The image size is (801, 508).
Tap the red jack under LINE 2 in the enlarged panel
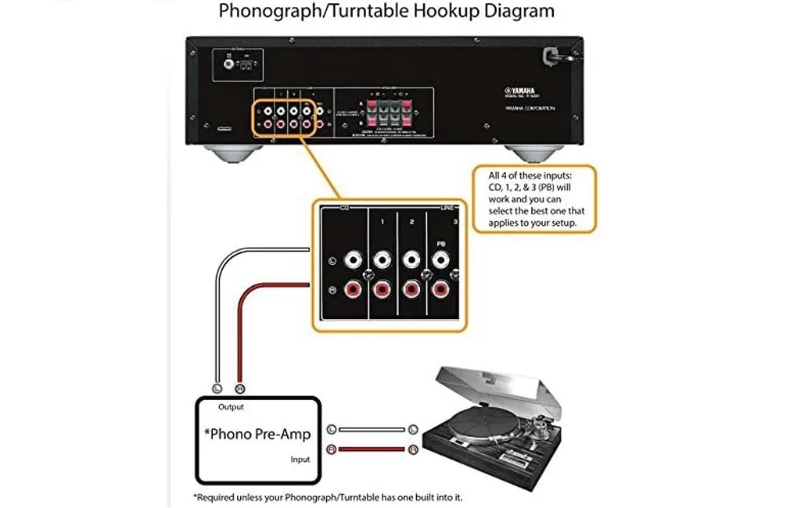pyautogui.click(x=412, y=290)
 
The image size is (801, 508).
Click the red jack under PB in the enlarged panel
pyautogui.click(x=442, y=290)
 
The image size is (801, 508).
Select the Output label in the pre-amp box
pyautogui.click(x=231, y=406)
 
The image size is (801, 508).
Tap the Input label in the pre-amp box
pyautogui.click(x=300, y=460)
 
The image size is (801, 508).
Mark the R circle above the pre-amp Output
pyautogui.click(x=240, y=388)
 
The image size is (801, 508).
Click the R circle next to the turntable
pyautogui.click(x=412, y=449)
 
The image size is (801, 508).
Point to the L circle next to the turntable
pyautogui.click(x=412, y=429)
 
